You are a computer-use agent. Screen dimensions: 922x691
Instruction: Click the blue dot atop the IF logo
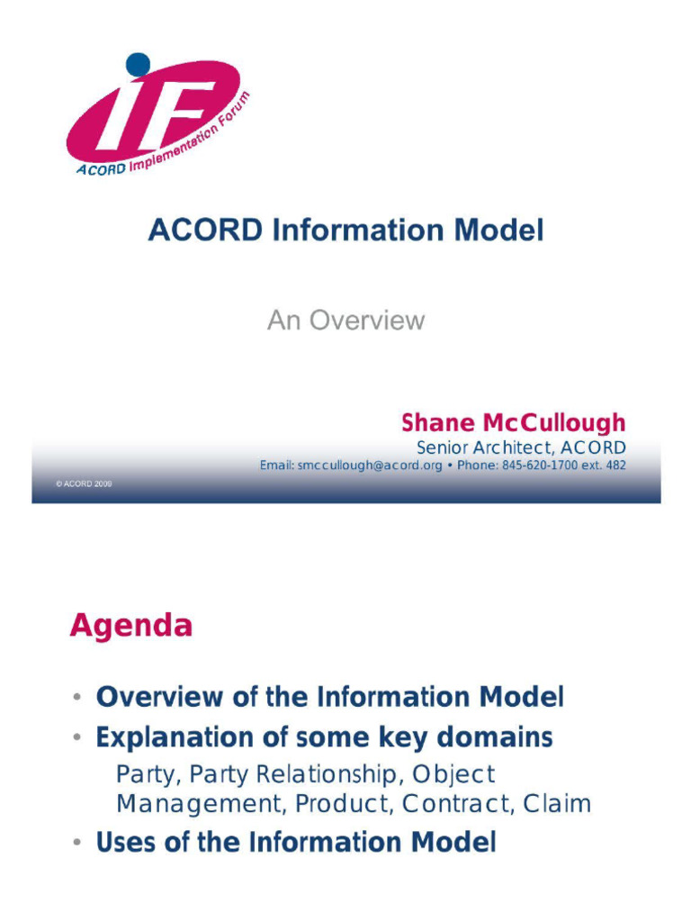click(138, 64)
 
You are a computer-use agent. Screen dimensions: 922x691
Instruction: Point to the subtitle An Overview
click(345, 321)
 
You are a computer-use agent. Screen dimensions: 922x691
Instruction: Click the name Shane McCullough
click(513, 423)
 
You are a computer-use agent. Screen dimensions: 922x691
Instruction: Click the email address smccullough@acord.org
click(369, 466)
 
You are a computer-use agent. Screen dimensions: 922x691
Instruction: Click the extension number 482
click(615, 466)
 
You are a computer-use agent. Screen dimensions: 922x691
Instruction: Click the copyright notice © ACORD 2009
click(84, 484)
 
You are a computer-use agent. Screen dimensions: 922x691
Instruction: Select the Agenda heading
click(131, 626)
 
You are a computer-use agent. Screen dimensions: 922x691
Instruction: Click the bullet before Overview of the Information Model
click(78, 698)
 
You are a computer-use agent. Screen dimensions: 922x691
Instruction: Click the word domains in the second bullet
click(494, 738)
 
